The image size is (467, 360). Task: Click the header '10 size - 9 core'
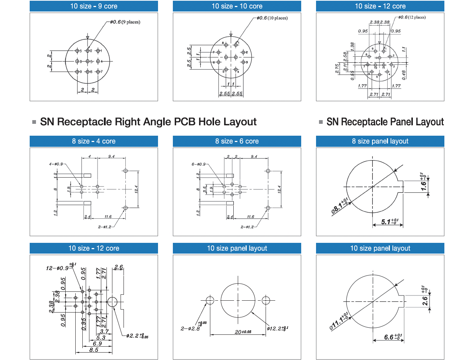(94, 6)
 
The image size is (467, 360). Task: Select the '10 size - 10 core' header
(237, 6)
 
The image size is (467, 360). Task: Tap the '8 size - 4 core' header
(94, 141)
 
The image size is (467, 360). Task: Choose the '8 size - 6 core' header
(237, 141)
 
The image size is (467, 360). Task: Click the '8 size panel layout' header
(380, 141)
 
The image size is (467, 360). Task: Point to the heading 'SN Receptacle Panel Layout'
(385, 122)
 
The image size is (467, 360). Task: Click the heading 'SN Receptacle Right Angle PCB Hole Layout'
(148, 122)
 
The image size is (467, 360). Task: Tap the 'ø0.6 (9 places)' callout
(125, 22)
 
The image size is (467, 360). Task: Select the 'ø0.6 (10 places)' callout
(272, 18)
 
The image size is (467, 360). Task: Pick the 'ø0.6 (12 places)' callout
(412, 17)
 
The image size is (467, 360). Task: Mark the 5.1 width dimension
(389, 222)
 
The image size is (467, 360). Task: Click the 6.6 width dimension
(392, 337)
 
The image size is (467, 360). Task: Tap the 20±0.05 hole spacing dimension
(243, 332)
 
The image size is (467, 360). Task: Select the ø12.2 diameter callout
(277, 328)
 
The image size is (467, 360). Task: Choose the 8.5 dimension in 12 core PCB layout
(94, 350)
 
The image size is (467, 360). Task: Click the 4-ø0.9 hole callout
(56, 164)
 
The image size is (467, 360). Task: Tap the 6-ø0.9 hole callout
(198, 164)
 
